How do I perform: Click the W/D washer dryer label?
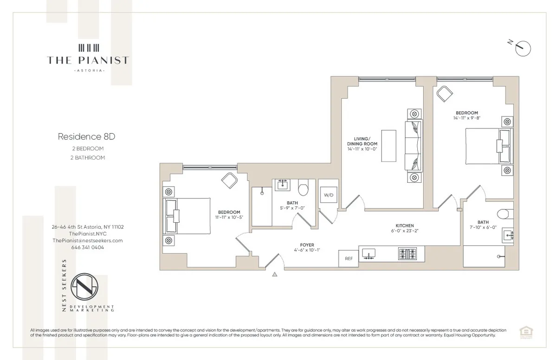[x=328, y=195]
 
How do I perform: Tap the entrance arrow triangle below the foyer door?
[x=275, y=275]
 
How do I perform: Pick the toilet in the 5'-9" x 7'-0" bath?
[x=304, y=189]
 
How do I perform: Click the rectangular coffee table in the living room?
[x=389, y=146]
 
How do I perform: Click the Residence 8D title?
[x=80, y=137]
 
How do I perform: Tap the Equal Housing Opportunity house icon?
[x=513, y=331]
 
